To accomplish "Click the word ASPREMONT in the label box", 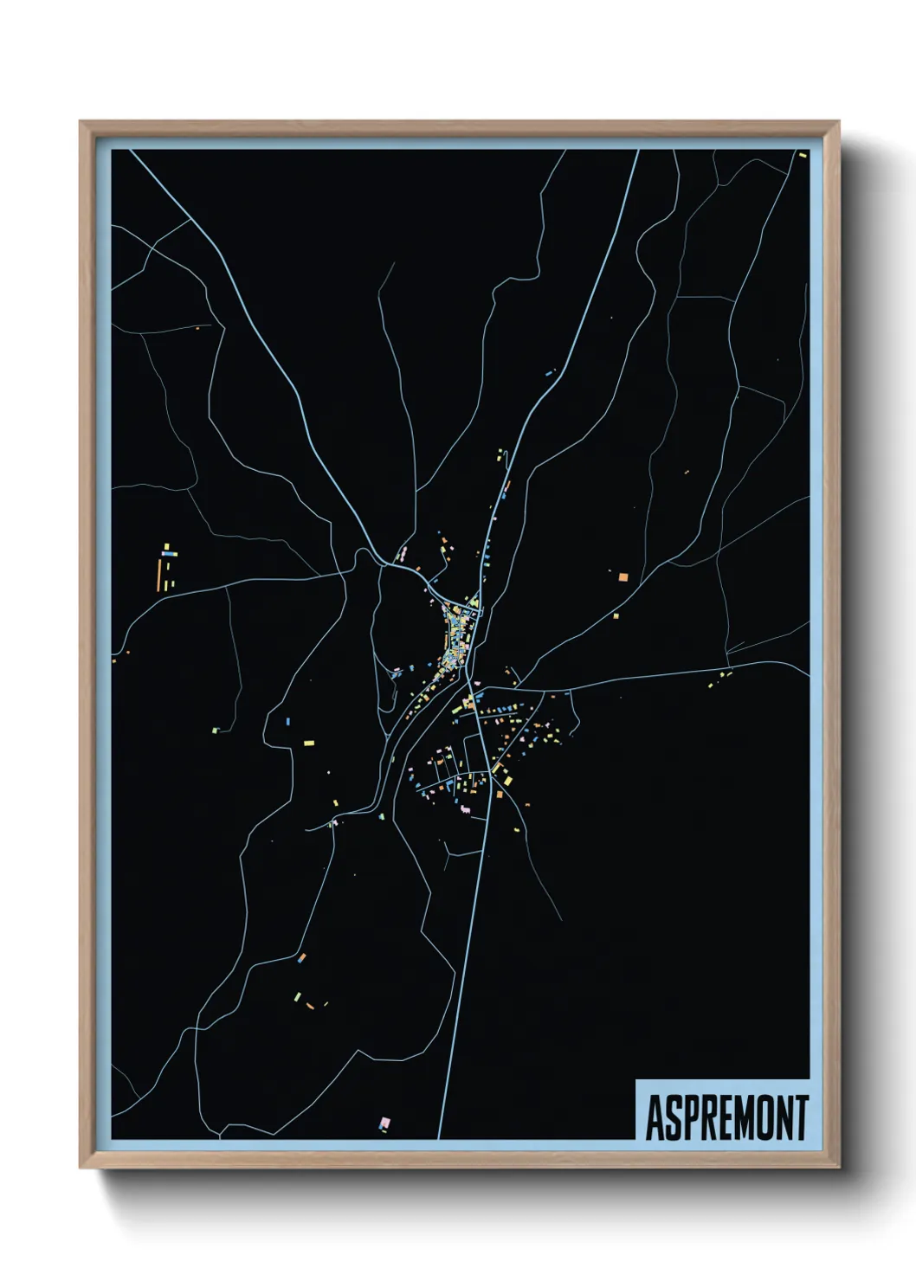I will pyautogui.click(x=726, y=1117).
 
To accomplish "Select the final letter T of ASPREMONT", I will pyautogui.click(x=801, y=1117).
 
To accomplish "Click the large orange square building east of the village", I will pyautogui.click(x=622, y=576).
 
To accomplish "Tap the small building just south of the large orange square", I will pyautogui.click(x=616, y=616).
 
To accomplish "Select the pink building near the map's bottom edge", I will pyautogui.click(x=384, y=1123).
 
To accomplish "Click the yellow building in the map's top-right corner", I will pyautogui.click(x=803, y=155).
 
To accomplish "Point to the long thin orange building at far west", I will pyautogui.click(x=159, y=574).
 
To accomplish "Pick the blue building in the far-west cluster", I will pyautogui.click(x=169, y=554).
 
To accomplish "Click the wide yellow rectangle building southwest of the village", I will pyautogui.click(x=308, y=743).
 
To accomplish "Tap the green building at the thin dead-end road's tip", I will pyautogui.click(x=216, y=731).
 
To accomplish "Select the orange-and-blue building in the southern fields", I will pyautogui.click(x=302, y=957).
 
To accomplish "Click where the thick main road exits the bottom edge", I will pyautogui.click(x=440, y=1137).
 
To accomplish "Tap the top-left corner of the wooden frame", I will pyautogui.click(x=81, y=122).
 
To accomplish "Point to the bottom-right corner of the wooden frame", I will pyautogui.click(x=838, y=1167).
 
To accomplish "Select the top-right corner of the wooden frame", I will pyautogui.click(x=838, y=122).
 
